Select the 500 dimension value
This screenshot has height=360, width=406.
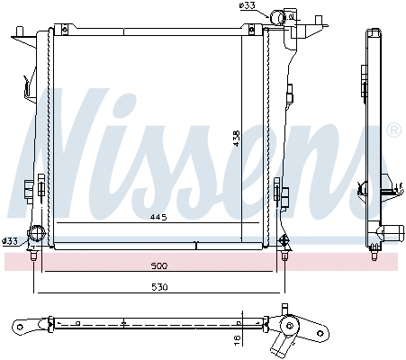tap(158, 267)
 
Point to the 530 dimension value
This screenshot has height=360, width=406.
tap(158, 287)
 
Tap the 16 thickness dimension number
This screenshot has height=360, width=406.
tap(237, 338)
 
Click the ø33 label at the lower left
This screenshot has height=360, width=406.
tap(10, 240)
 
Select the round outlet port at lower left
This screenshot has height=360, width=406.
tap(37, 236)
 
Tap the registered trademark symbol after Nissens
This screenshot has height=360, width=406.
tap(392, 131)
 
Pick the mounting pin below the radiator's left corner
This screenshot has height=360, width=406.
tap(33, 257)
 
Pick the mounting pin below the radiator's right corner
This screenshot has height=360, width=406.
tap(284, 257)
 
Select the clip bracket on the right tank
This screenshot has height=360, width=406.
tap(280, 191)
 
